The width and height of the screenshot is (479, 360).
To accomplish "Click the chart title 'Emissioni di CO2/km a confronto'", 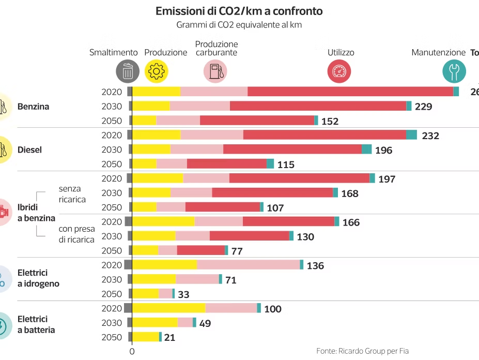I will click(239, 11).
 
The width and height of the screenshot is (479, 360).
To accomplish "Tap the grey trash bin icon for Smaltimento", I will click(128, 71).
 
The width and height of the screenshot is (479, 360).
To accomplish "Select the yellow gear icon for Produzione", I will click(157, 71).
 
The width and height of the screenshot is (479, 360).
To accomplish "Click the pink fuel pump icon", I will click(215, 71).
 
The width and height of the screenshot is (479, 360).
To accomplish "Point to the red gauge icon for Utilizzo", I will click(339, 71).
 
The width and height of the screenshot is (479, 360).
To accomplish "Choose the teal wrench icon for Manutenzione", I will click(454, 71).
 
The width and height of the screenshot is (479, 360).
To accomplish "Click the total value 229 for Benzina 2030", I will click(423, 107).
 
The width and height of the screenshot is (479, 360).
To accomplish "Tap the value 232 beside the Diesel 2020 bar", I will click(430, 136).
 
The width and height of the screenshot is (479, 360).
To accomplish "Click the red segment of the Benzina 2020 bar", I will click(350, 92).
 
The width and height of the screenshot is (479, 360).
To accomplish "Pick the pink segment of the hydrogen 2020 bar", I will click(248, 265).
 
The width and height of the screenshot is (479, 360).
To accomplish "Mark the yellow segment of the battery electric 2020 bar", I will click(169, 308).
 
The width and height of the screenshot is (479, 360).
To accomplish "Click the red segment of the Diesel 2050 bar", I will click(227, 164).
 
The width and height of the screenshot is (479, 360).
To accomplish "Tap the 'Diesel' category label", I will click(29, 150).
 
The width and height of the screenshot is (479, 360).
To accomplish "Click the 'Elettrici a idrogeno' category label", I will click(38, 278).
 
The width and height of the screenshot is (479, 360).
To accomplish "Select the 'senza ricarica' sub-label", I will click(72, 194).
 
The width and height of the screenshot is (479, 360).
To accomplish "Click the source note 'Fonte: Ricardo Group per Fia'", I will click(362, 351).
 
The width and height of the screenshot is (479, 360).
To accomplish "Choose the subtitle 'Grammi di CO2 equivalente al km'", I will click(239, 24).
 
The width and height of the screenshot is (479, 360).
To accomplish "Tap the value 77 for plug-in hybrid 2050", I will click(237, 251).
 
